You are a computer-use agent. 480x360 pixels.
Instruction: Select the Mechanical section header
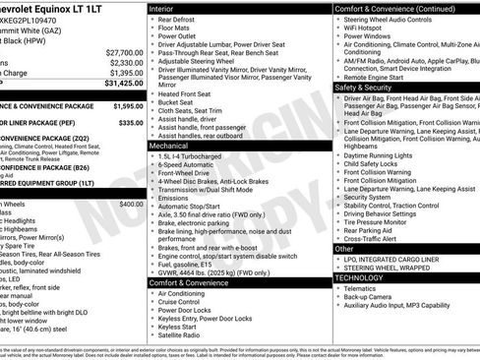pos(169,146)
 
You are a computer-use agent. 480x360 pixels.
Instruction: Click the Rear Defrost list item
pos(180,18)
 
